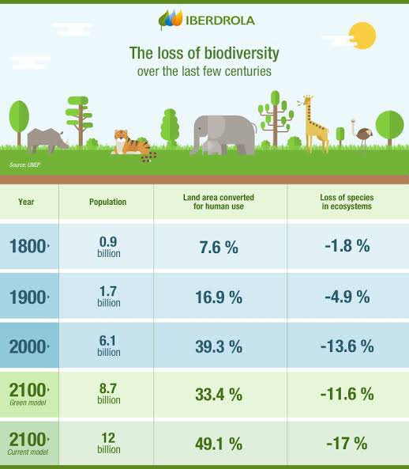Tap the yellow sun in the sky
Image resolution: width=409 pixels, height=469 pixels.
(x=362, y=35)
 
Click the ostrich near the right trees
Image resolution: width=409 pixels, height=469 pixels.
(x=362, y=136)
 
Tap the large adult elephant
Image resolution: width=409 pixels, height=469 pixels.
(x=226, y=132)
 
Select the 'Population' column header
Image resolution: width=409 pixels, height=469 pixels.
(x=107, y=202)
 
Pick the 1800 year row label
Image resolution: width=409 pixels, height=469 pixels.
(x=29, y=246)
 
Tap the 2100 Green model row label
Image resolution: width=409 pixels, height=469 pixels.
(x=29, y=393)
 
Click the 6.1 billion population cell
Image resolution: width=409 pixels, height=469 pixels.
(x=108, y=346)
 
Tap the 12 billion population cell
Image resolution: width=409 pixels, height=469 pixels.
(x=108, y=442)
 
